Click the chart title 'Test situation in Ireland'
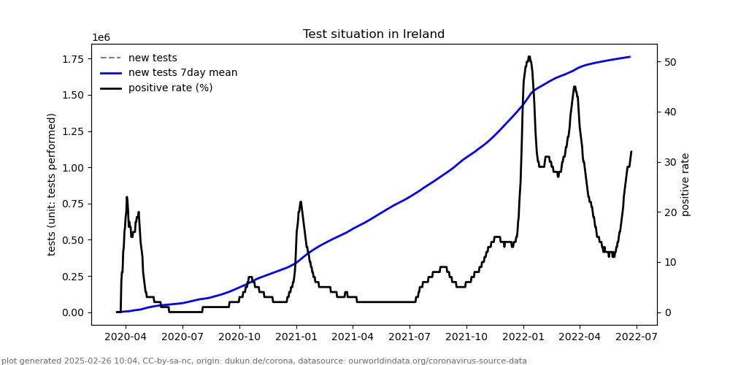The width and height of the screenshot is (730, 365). [374, 34]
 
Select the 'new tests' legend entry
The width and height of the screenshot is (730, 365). [153, 58]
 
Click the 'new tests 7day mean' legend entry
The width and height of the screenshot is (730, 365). [182, 73]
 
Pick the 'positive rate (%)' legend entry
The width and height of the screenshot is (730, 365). [170, 88]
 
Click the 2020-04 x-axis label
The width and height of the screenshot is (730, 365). [126, 337]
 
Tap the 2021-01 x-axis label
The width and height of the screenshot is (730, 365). [296, 337]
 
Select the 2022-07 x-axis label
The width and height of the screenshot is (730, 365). [636, 337]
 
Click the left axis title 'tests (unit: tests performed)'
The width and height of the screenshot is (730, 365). [52, 184]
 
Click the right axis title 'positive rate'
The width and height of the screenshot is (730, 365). [685, 184]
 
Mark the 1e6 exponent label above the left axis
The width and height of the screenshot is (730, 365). [101, 38]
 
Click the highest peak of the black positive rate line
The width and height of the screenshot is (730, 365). [529, 56]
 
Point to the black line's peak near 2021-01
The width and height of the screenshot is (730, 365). [301, 202]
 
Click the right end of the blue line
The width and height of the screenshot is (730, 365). [630, 57]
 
